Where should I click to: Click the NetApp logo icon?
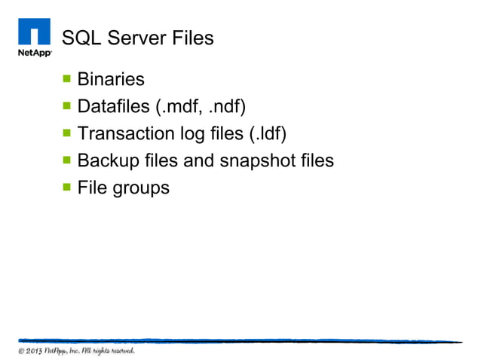(x=34, y=32)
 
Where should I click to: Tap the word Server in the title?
(x=133, y=37)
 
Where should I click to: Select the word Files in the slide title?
(x=190, y=37)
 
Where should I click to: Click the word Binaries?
(x=111, y=79)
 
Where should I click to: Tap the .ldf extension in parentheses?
(x=268, y=133)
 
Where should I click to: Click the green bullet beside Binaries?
(x=66, y=78)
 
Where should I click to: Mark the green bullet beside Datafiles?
(x=66, y=105)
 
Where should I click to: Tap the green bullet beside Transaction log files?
(x=66, y=133)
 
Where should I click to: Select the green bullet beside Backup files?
(x=66, y=160)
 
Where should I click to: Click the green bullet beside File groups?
(x=66, y=187)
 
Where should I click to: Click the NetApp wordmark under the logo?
(x=34, y=53)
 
